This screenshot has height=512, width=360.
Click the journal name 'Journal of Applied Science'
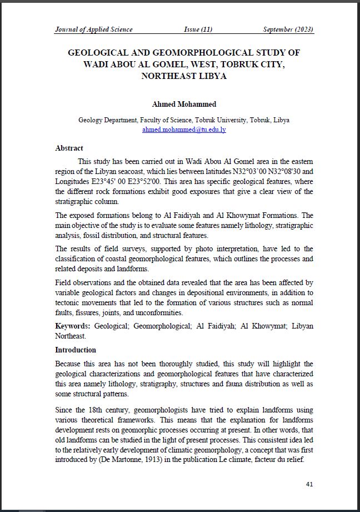pos(93,29)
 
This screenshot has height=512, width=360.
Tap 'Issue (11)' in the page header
pos(198,29)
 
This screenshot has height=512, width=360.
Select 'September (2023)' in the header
pos(288,29)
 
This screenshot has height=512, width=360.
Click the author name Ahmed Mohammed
pos(184,105)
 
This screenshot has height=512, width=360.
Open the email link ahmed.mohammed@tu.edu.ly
pos(184,130)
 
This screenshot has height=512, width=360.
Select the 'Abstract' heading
pos(69,148)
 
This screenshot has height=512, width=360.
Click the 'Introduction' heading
pos(76,350)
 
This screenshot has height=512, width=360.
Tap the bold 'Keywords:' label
pos(73,326)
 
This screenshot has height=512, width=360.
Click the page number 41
pos(309,484)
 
